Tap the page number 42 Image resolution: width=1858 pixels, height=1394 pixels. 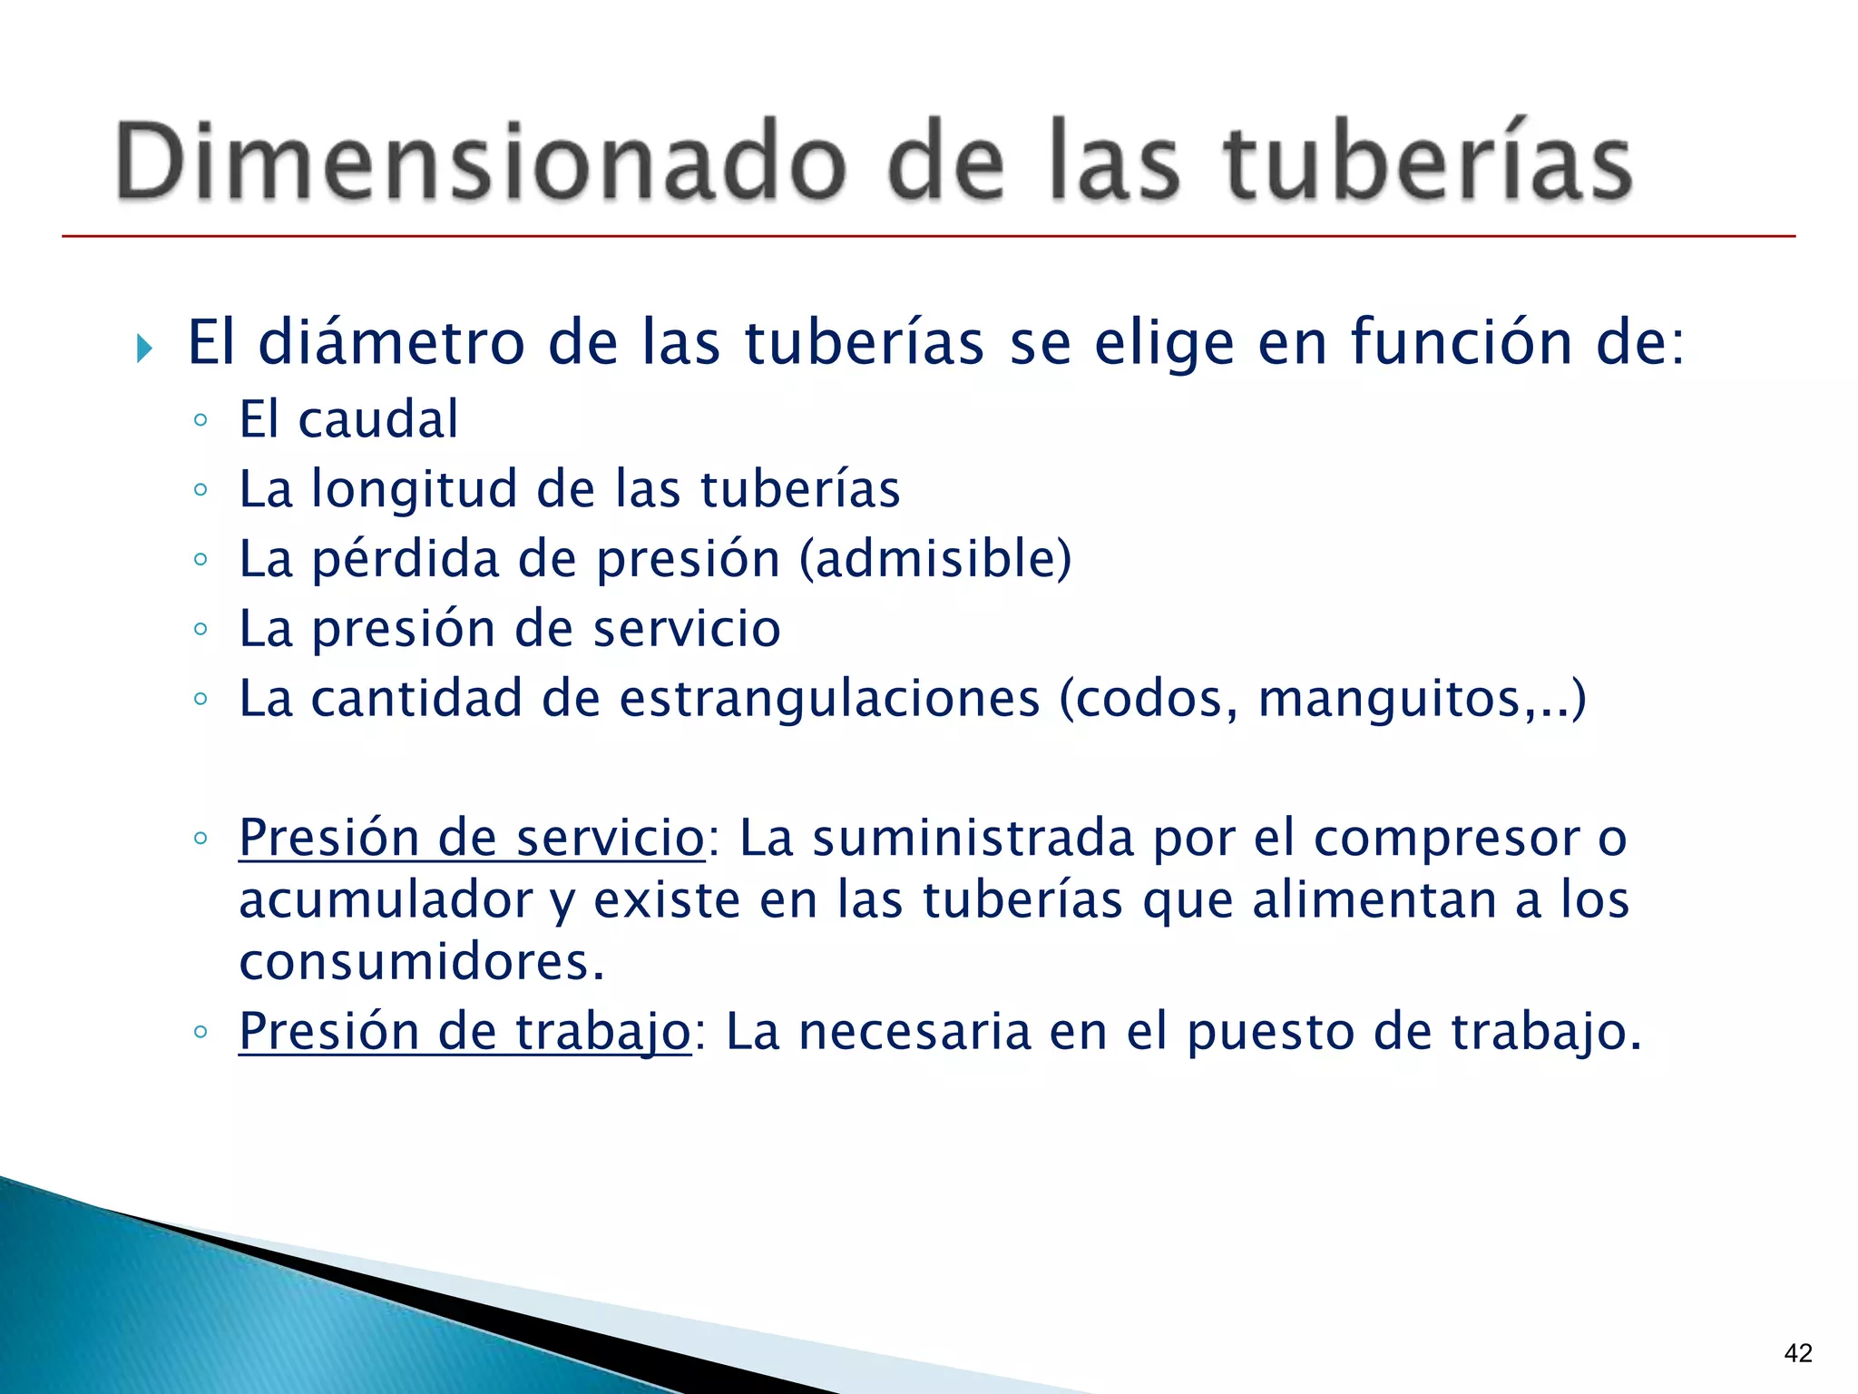click(x=1797, y=1353)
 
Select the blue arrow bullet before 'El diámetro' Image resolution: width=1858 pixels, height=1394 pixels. click(x=144, y=348)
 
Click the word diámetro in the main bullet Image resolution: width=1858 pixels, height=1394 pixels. click(x=391, y=343)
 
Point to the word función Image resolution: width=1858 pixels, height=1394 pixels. click(x=1461, y=343)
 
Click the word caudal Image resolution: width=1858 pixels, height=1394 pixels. click(x=377, y=420)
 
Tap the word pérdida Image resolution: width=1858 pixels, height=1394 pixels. click(x=406, y=559)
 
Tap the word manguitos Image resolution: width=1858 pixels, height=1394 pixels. click(x=1388, y=701)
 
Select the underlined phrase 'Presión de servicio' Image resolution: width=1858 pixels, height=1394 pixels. click(x=471, y=838)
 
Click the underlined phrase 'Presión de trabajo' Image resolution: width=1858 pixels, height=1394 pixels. click(x=464, y=1032)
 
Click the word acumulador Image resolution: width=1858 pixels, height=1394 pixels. click(x=386, y=901)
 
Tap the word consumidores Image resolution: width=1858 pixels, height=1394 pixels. click(x=420, y=963)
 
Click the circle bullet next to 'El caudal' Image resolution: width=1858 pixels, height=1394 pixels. click(x=200, y=421)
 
